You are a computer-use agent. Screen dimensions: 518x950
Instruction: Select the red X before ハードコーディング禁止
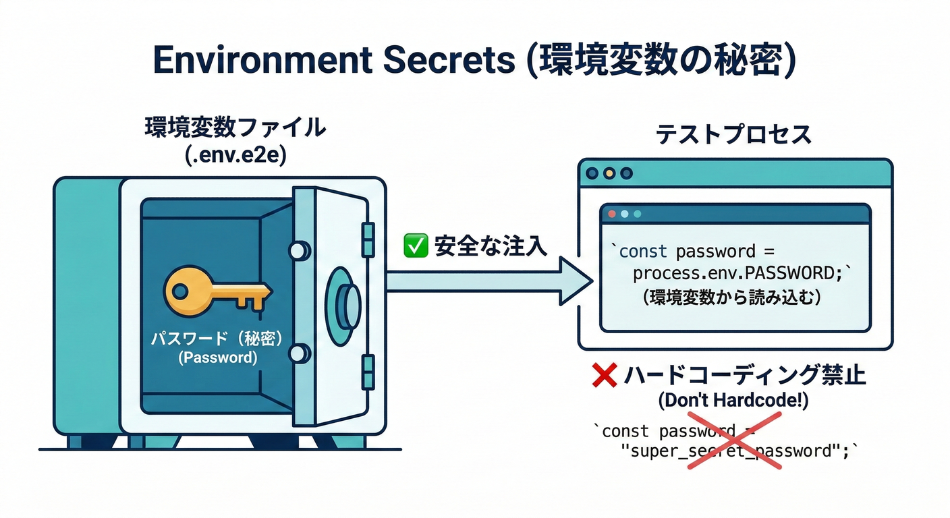(x=604, y=375)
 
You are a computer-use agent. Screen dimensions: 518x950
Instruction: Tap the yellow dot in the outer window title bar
(x=609, y=173)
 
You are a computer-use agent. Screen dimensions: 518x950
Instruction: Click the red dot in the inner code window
(x=613, y=214)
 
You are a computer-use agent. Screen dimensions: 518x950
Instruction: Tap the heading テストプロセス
(x=733, y=135)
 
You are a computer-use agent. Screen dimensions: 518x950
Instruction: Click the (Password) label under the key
(x=217, y=358)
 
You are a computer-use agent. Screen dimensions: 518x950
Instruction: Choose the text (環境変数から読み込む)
(x=733, y=297)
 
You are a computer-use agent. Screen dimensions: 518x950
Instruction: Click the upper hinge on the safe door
(x=368, y=236)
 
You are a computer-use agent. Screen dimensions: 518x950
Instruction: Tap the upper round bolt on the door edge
(x=297, y=251)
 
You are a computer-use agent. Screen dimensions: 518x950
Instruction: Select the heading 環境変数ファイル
(x=235, y=128)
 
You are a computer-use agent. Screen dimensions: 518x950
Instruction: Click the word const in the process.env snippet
(x=642, y=252)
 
